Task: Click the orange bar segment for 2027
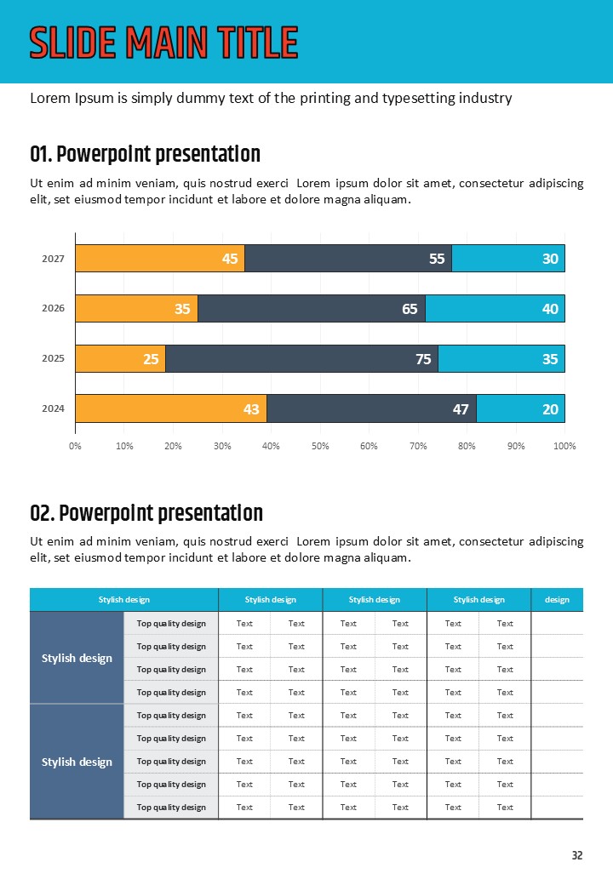[160, 259]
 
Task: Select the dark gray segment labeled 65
[312, 309]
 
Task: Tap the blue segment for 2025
[501, 359]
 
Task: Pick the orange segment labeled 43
[171, 409]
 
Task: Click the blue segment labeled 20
[520, 409]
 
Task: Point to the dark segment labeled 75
[301, 359]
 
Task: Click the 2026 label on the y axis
[53, 309]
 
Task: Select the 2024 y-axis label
[53, 409]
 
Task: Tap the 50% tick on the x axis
[320, 446]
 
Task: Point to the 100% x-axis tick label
[564, 446]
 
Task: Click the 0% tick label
[75, 446]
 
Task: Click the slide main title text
[163, 43]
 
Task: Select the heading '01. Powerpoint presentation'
[145, 155]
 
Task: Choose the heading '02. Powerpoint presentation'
[146, 514]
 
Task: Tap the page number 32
[577, 855]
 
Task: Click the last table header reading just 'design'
[557, 600]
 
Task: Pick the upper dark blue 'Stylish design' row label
[77, 658]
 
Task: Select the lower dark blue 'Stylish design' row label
[77, 762]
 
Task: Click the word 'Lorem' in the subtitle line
[48, 98]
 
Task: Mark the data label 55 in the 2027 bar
[437, 259]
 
